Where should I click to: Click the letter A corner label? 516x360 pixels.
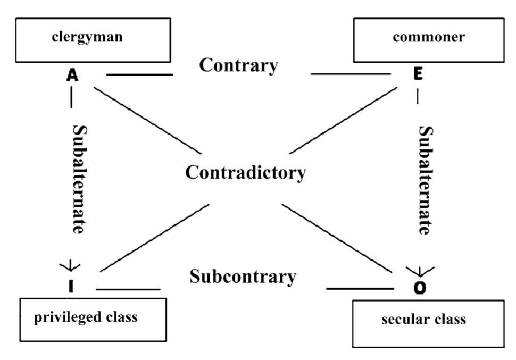[x=73, y=76]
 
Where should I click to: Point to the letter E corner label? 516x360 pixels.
[x=418, y=74]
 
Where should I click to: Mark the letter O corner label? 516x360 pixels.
[x=420, y=288]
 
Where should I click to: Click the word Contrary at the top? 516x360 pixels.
[x=238, y=65]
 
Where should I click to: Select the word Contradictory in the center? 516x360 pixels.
[x=245, y=173]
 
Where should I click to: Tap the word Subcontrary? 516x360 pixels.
[x=243, y=277]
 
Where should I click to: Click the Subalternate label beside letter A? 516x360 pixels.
[x=78, y=180]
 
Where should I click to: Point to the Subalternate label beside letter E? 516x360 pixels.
[x=425, y=180]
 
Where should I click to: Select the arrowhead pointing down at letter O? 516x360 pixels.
[x=420, y=270]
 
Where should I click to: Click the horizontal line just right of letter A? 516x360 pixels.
[x=139, y=75]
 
